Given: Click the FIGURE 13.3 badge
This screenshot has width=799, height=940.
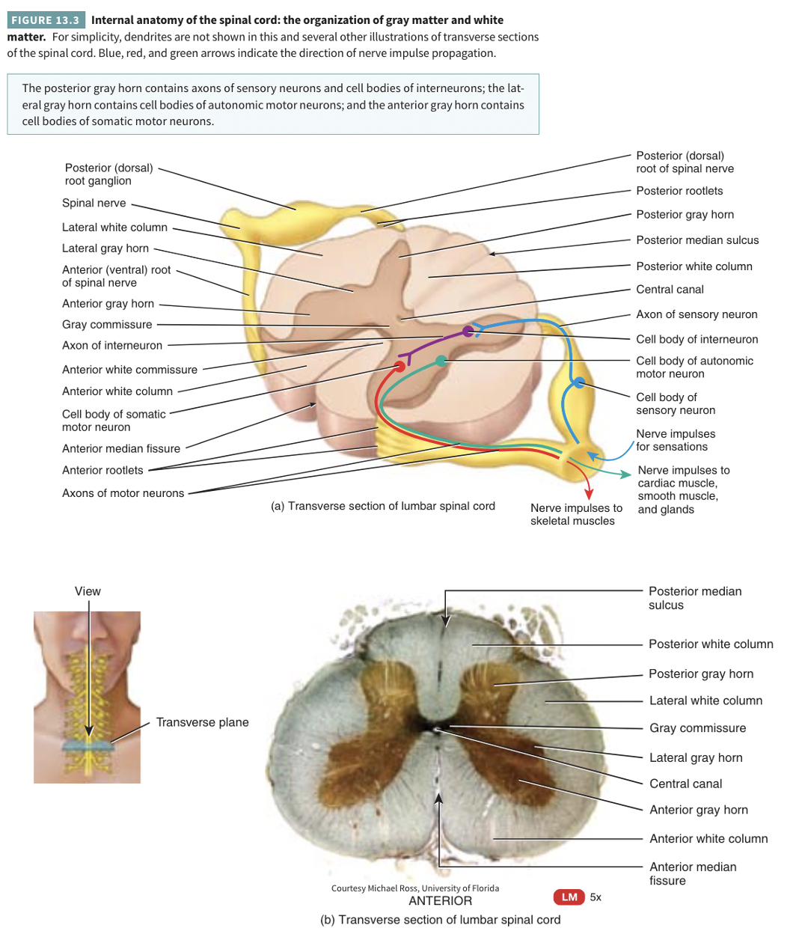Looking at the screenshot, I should (x=45, y=20).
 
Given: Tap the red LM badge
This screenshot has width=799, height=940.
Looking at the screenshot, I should (x=569, y=897).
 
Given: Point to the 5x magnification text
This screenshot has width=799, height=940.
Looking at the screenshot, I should (x=596, y=897).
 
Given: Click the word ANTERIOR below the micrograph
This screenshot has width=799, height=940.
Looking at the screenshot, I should (x=440, y=901).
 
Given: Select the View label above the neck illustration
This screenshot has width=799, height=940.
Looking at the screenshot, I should (x=88, y=591).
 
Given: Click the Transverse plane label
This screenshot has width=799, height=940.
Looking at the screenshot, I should (x=202, y=722).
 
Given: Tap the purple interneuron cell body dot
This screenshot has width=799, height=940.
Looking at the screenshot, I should (x=468, y=331).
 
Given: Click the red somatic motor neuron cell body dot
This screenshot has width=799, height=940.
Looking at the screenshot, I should (x=399, y=366).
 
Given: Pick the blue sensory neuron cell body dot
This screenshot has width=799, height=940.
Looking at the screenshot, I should (x=579, y=382).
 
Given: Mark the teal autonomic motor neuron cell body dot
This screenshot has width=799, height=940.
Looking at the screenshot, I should (x=441, y=361).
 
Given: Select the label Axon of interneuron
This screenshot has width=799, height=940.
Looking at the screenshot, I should (x=112, y=345).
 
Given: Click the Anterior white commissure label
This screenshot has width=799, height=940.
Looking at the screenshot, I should (x=129, y=370).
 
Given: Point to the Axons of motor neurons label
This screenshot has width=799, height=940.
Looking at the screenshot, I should (x=123, y=493).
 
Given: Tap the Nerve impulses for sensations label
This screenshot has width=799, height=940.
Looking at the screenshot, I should (x=676, y=440).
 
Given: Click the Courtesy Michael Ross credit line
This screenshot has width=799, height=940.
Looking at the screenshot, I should (x=415, y=888).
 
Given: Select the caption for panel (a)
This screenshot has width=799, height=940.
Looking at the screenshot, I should (x=383, y=506).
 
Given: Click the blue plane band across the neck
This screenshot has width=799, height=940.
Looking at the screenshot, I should (x=88, y=745).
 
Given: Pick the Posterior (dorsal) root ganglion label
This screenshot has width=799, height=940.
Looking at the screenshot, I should (x=108, y=174).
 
